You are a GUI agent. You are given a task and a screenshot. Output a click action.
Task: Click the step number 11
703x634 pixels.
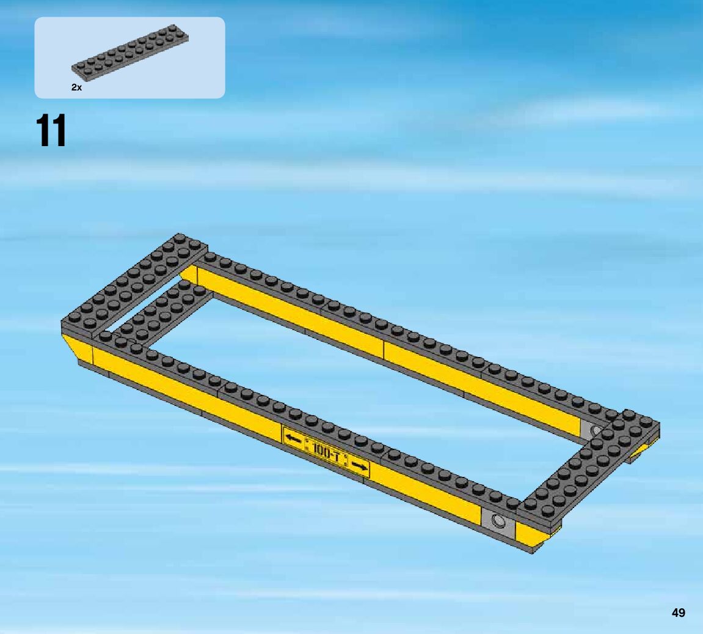51,130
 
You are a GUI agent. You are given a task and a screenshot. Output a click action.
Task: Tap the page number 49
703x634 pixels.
679,613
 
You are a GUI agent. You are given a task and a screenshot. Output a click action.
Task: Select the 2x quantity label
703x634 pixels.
77,87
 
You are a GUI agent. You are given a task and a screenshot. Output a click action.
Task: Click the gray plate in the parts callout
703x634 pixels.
130,53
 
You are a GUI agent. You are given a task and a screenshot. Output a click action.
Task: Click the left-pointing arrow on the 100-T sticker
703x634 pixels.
293,438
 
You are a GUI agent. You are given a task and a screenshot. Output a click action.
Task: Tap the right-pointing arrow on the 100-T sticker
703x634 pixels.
359,466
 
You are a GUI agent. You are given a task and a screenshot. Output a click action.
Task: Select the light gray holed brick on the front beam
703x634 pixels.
498,520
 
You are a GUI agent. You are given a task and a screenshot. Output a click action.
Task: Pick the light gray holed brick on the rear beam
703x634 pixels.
592,429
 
